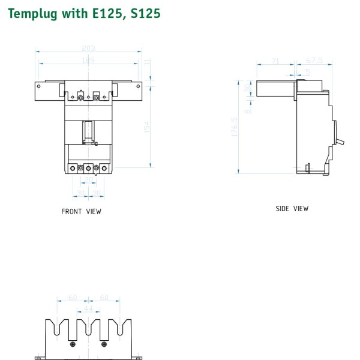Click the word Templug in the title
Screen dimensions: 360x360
(31, 13)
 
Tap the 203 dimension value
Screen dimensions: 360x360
(88, 49)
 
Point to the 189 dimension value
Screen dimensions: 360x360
(88, 61)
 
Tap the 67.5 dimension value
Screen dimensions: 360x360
(315, 61)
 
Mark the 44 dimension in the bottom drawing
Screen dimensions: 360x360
(89, 308)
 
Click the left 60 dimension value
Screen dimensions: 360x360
(72, 298)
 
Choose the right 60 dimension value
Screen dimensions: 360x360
(104, 298)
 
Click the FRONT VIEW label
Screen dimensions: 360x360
(82, 211)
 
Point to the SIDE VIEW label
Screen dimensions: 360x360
(292, 209)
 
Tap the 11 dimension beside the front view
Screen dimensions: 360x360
(146, 61)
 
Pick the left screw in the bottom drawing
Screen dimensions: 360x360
(73, 344)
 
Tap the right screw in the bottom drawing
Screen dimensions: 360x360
(104, 344)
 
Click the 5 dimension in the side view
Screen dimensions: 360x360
(307, 72)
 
